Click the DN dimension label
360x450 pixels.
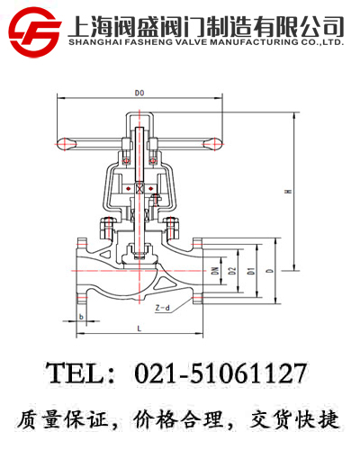215,270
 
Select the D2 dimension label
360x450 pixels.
232,270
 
